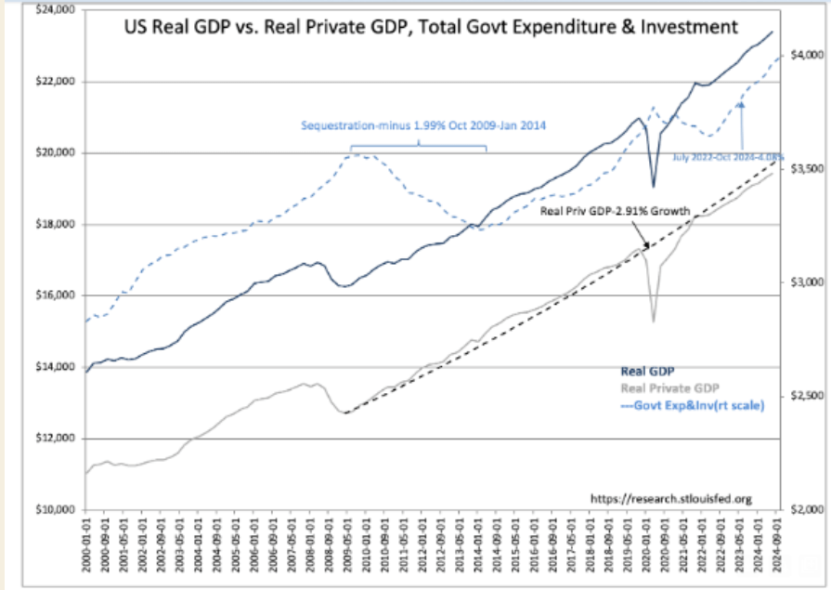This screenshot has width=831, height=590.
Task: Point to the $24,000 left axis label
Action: (54, 10)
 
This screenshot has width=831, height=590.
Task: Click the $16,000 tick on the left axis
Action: (54, 295)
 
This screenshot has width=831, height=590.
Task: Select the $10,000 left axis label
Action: (54, 510)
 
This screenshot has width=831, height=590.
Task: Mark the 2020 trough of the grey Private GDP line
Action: (654, 321)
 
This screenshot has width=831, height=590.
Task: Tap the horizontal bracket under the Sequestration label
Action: (418, 147)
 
